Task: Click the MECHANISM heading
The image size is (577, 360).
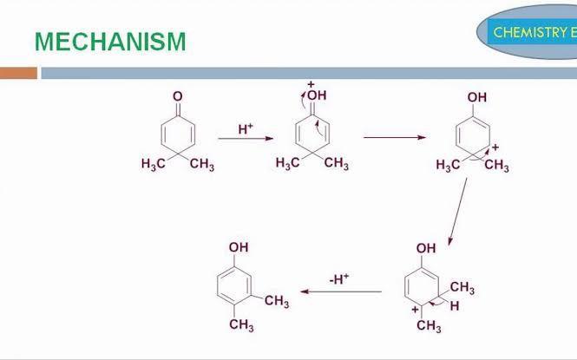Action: point(109,41)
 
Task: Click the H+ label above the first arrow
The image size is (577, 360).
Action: point(246,128)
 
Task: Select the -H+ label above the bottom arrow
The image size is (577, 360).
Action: point(338,278)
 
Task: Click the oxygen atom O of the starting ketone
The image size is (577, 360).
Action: point(178,96)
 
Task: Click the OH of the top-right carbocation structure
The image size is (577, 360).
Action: point(477,98)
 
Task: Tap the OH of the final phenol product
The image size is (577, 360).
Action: point(239,247)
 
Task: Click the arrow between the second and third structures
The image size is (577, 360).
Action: point(394,137)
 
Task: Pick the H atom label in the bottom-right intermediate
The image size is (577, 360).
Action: point(455,306)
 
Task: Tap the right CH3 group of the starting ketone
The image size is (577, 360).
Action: point(201,165)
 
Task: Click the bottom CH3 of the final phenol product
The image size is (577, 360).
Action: point(241,325)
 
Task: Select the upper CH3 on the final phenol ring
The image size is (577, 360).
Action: point(277,301)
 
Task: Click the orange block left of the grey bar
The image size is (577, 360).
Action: point(18,73)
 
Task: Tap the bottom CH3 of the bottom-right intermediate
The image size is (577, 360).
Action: point(429,327)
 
